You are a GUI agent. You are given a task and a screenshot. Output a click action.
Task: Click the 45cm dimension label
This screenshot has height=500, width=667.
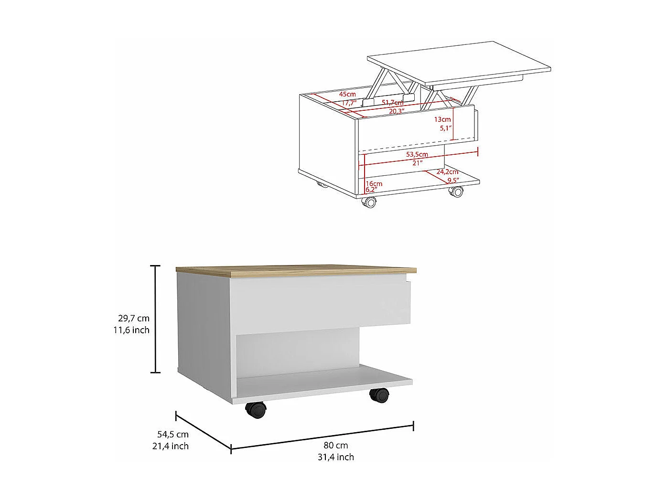pyautogui.click(x=348, y=94)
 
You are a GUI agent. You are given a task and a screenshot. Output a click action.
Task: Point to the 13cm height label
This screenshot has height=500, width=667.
pyautogui.click(x=442, y=119)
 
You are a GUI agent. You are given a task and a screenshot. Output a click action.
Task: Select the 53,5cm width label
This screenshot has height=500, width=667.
pyautogui.click(x=417, y=154)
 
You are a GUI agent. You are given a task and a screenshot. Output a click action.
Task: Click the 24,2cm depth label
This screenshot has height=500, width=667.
pyautogui.click(x=447, y=172)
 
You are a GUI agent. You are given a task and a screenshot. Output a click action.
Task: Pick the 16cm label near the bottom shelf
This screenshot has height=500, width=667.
pyautogui.click(x=374, y=183)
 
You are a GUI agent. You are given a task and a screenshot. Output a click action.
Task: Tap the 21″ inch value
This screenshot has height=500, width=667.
pyautogui.click(x=418, y=163)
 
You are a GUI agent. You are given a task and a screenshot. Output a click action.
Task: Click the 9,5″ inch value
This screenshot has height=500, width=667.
pyautogui.click(x=453, y=180)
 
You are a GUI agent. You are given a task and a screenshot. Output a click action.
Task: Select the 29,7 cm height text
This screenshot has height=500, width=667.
pyautogui.click(x=134, y=318)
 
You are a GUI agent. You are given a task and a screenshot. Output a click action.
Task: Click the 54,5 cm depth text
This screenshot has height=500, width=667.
pyautogui.click(x=173, y=434)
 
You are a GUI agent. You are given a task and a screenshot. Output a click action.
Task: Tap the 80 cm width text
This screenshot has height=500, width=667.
pyautogui.click(x=336, y=445)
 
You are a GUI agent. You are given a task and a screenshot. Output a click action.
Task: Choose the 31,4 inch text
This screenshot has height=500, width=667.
pyautogui.click(x=336, y=457)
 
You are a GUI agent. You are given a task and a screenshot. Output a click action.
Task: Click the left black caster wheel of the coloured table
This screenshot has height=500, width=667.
pyautogui.click(x=256, y=410)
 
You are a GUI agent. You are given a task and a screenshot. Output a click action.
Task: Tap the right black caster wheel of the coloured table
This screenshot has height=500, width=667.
pyautogui.click(x=379, y=395)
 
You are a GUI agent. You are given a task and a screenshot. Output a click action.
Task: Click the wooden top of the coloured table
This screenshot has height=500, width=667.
pyautogui.click(x=296, y=270)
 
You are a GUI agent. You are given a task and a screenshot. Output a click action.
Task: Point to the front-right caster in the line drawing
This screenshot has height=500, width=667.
pyautogui.click(x=456, y=191)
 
